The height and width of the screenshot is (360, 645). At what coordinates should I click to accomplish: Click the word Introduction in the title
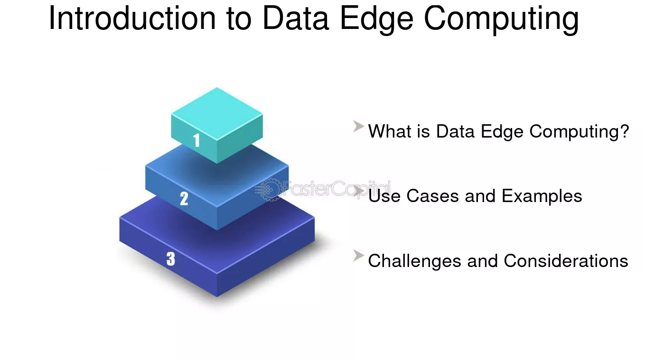132,18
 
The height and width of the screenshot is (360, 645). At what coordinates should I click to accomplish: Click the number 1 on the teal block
196,140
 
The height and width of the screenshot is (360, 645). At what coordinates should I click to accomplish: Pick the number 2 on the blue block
184,199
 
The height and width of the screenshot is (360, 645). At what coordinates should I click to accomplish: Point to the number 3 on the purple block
171,258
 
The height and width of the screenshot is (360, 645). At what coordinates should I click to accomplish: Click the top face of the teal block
217,114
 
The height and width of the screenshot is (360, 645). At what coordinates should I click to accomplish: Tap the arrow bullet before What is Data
358,127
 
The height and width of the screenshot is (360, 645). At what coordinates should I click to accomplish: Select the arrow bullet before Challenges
358,256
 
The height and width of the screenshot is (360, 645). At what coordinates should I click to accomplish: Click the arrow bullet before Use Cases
358,192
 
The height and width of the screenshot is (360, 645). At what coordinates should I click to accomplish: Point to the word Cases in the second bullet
432,196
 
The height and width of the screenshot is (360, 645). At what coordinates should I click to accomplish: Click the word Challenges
415,261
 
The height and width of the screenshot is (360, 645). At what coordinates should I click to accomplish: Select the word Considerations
566,261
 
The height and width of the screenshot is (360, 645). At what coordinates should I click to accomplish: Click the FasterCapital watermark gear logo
268,189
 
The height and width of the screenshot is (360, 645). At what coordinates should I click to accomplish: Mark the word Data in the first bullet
455,131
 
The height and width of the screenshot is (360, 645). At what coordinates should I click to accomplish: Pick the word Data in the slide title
296,18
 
